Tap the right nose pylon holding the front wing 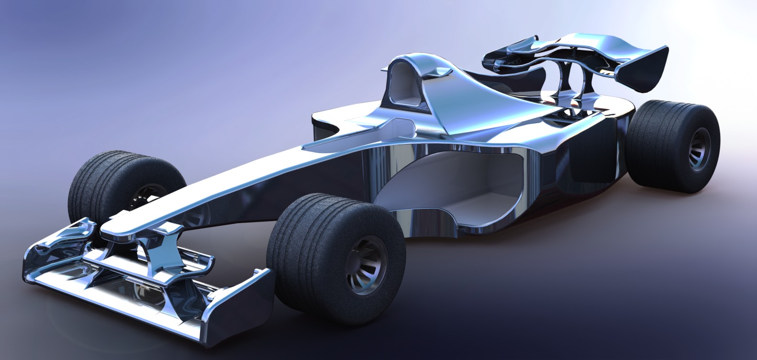[167, 254]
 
